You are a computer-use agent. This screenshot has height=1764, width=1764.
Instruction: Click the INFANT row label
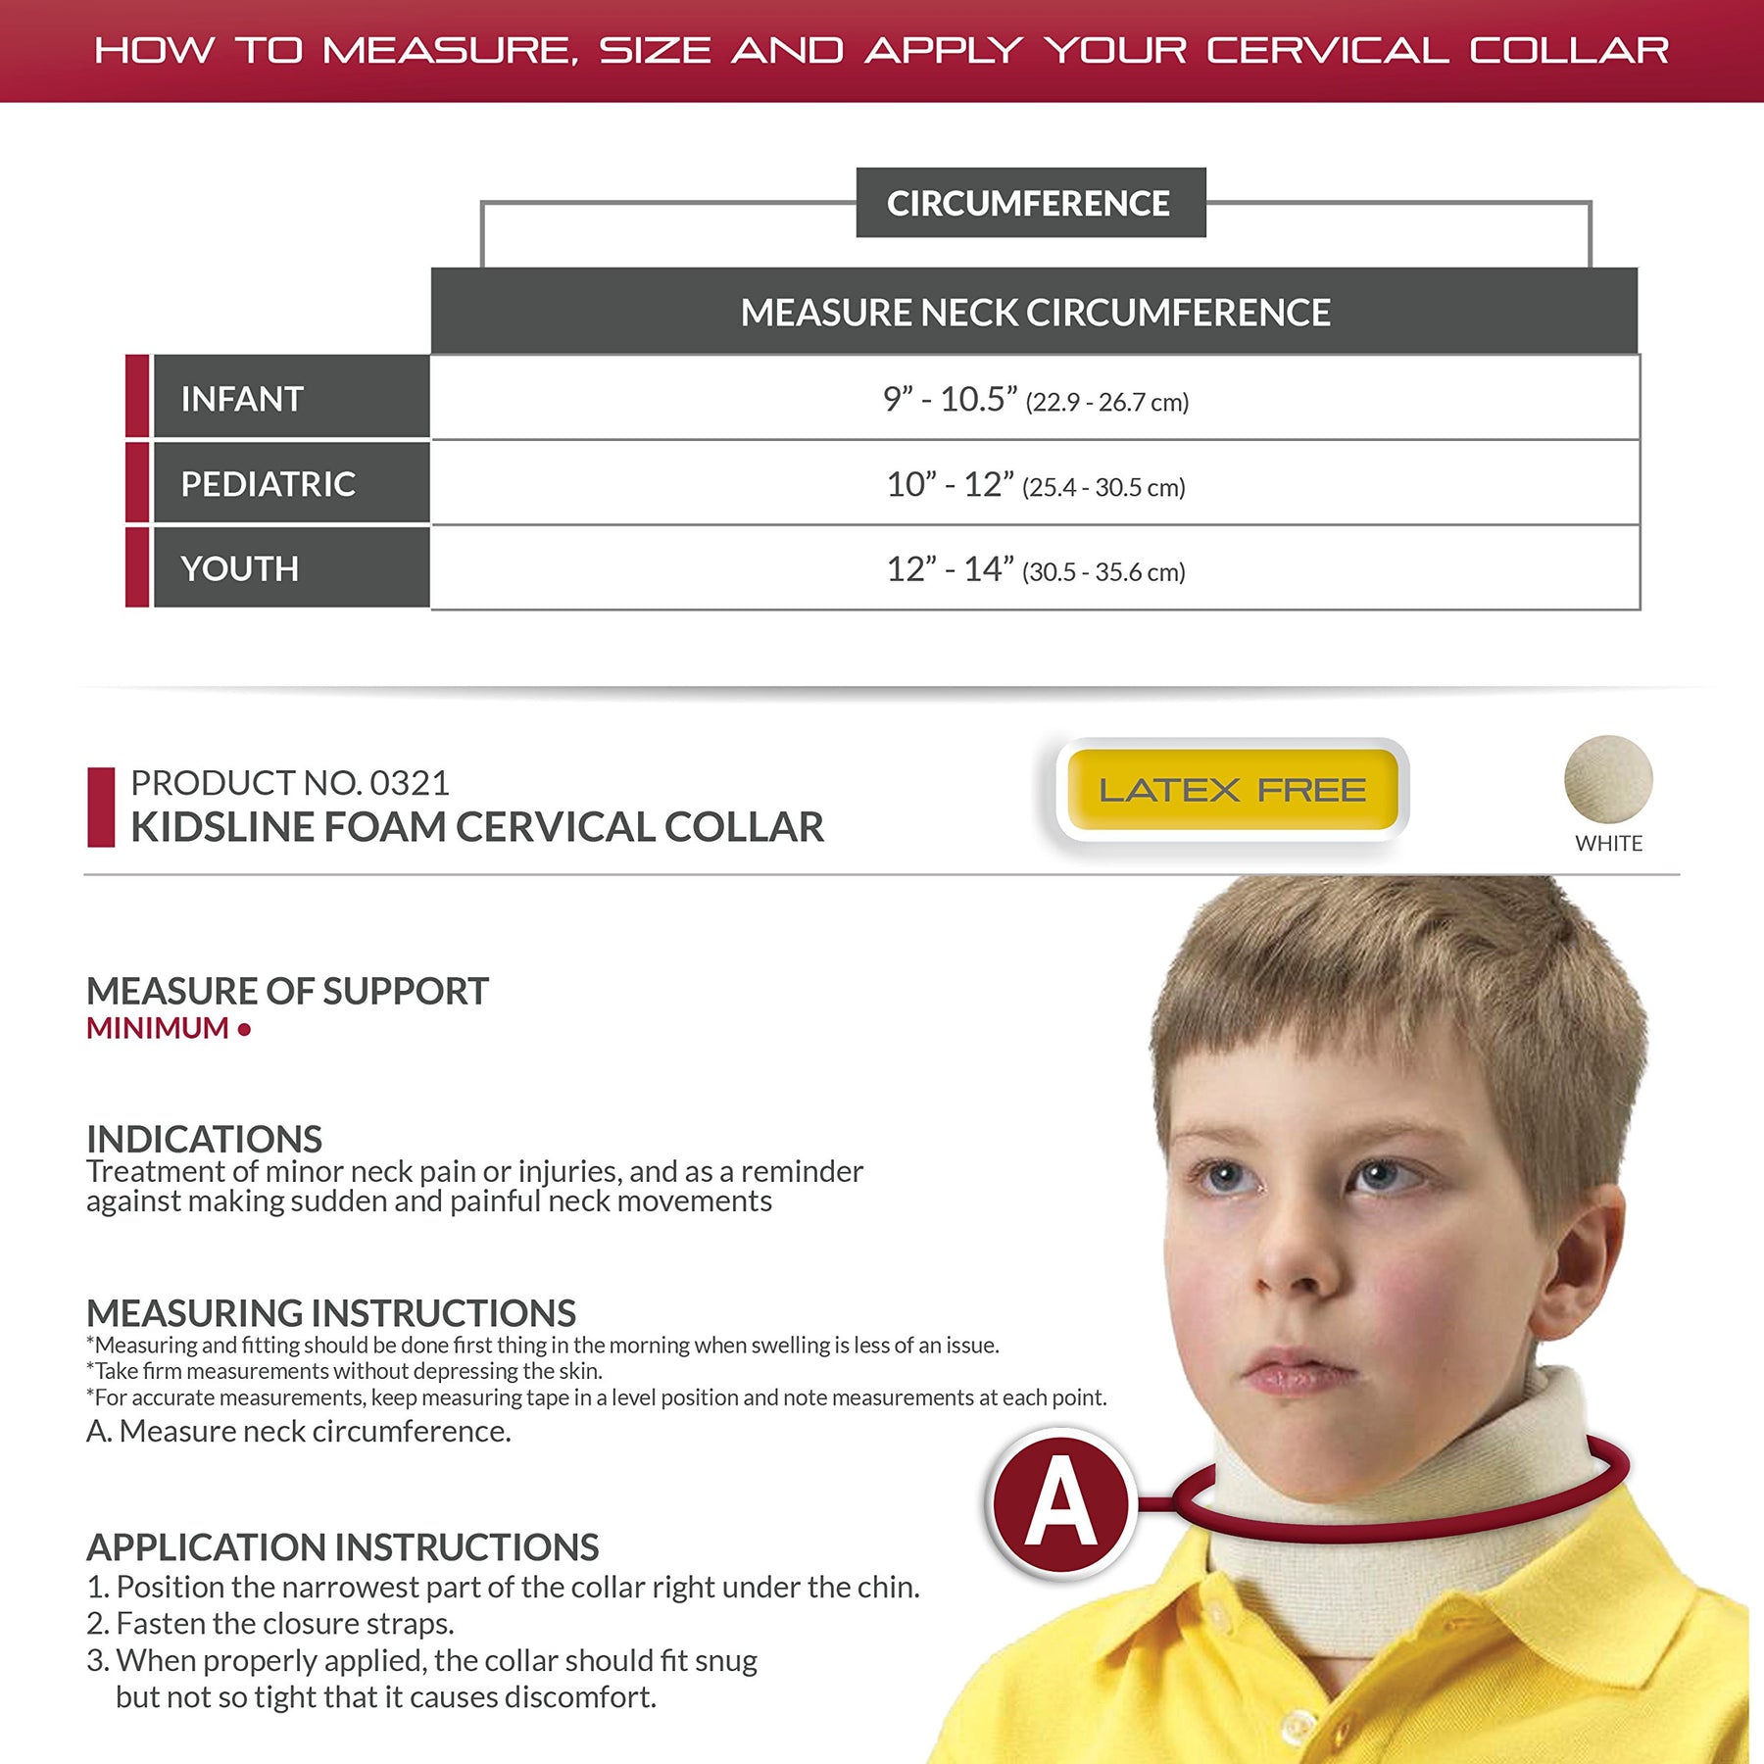(x=242, y=399)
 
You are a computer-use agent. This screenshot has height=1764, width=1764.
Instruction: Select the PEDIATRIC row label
(x=268, y=483)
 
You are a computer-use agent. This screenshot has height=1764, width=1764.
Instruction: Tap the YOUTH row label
(x=239, y=568)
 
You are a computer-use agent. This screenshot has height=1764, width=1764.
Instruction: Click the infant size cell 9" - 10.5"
(x=1035, y=399)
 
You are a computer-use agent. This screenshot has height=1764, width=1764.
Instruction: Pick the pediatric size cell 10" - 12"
(x=1035, y=484)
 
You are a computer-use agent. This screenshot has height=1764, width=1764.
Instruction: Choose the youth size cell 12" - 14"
(x=1035, y=568)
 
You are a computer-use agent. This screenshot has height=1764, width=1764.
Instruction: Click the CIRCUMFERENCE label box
(x=1029, y=203)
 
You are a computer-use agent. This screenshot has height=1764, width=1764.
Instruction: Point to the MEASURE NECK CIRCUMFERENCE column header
(x=1035, y=313)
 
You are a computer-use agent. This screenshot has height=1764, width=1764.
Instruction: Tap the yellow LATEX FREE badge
(x=1232, y=790)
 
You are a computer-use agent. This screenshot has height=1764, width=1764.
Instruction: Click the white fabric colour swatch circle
(x=1608, y=780)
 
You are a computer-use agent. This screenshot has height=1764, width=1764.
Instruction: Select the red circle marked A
(x=1060, y=1503)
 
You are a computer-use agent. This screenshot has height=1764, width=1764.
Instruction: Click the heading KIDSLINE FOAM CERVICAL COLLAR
(x=477, y=827)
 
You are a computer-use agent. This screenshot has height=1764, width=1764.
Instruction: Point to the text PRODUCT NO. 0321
(x=290, y=783)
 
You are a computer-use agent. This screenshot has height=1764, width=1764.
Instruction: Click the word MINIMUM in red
(x=158, y=1028)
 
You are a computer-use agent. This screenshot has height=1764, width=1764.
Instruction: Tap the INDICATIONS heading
(x=204, y=1139)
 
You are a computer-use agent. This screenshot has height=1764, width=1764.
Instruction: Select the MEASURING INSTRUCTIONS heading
(x=331, y=1313)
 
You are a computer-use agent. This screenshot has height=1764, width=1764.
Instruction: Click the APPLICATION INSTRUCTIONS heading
(x=342, y=1547)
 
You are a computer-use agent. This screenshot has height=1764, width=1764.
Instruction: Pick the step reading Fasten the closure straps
(x=284, y=1624)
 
